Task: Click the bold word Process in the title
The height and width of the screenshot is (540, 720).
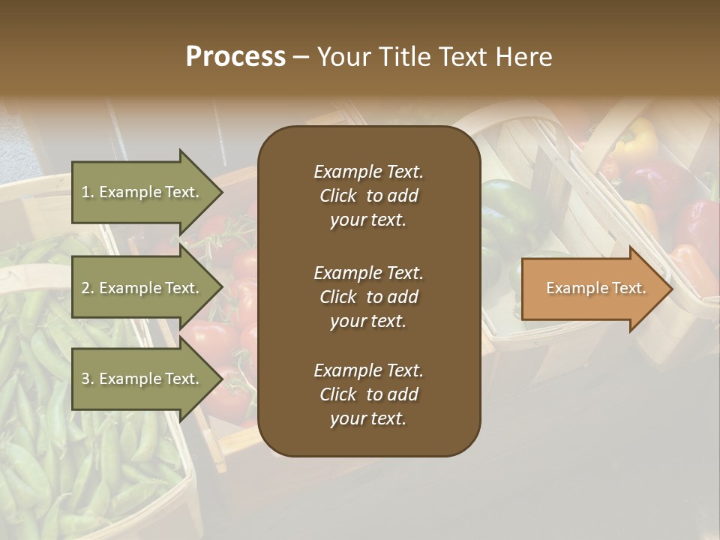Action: pos(235,57)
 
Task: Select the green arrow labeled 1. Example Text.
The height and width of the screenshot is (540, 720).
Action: pos(142,192)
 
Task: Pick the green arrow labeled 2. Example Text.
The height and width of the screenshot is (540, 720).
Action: pos(142,288)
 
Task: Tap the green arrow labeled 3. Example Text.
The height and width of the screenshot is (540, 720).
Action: pos(142,379)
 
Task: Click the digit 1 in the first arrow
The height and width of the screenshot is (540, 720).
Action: pos(85,192)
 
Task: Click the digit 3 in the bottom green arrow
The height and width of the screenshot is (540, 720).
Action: pos(85,379)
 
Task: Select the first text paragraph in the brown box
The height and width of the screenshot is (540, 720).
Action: pos(368,196)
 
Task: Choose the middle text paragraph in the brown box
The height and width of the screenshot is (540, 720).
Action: pos(368,296)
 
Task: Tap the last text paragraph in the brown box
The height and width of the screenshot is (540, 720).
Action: pos(368,394)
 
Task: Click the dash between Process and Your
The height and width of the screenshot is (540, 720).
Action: pos(301,57)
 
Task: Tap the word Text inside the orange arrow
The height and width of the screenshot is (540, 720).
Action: pos(630,288)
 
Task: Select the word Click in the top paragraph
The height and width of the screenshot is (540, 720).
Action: pos(337,196)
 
